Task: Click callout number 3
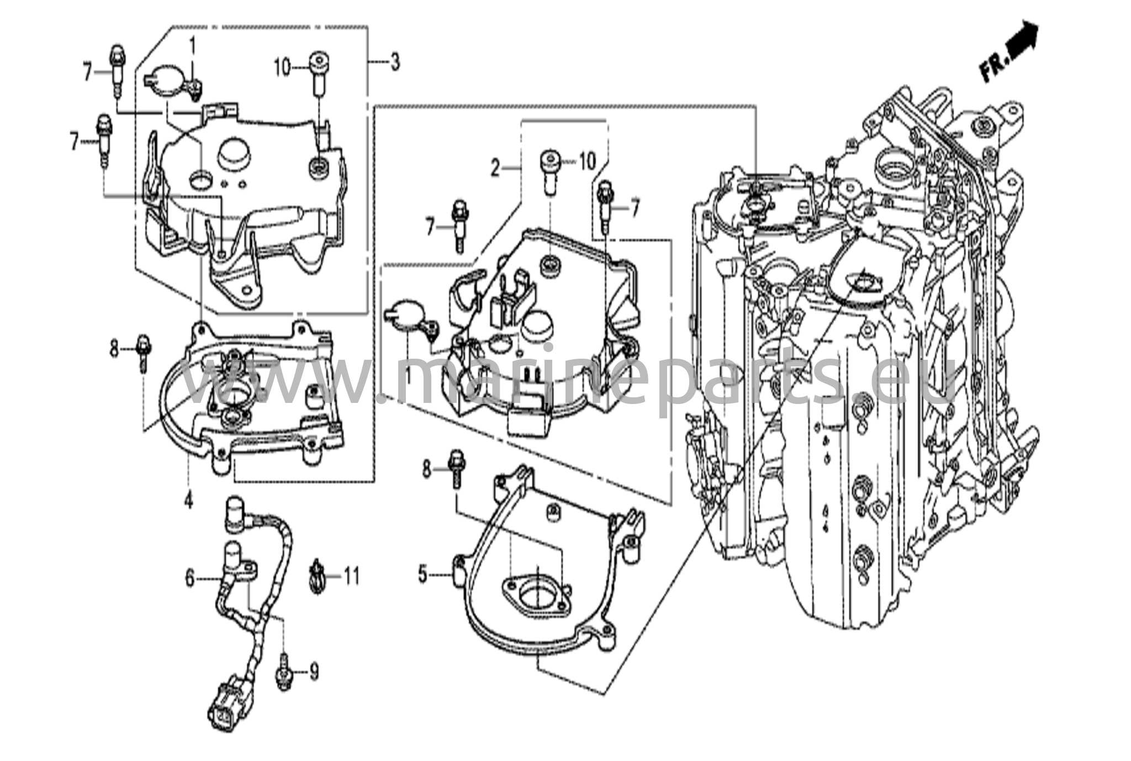tap(394, 62)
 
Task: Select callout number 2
tap(495, 167)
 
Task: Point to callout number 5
tap(423, 575)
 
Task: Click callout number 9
tap(314, 671)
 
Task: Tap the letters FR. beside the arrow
tap(992, 68)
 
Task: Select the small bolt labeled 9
tap(283, 671)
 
